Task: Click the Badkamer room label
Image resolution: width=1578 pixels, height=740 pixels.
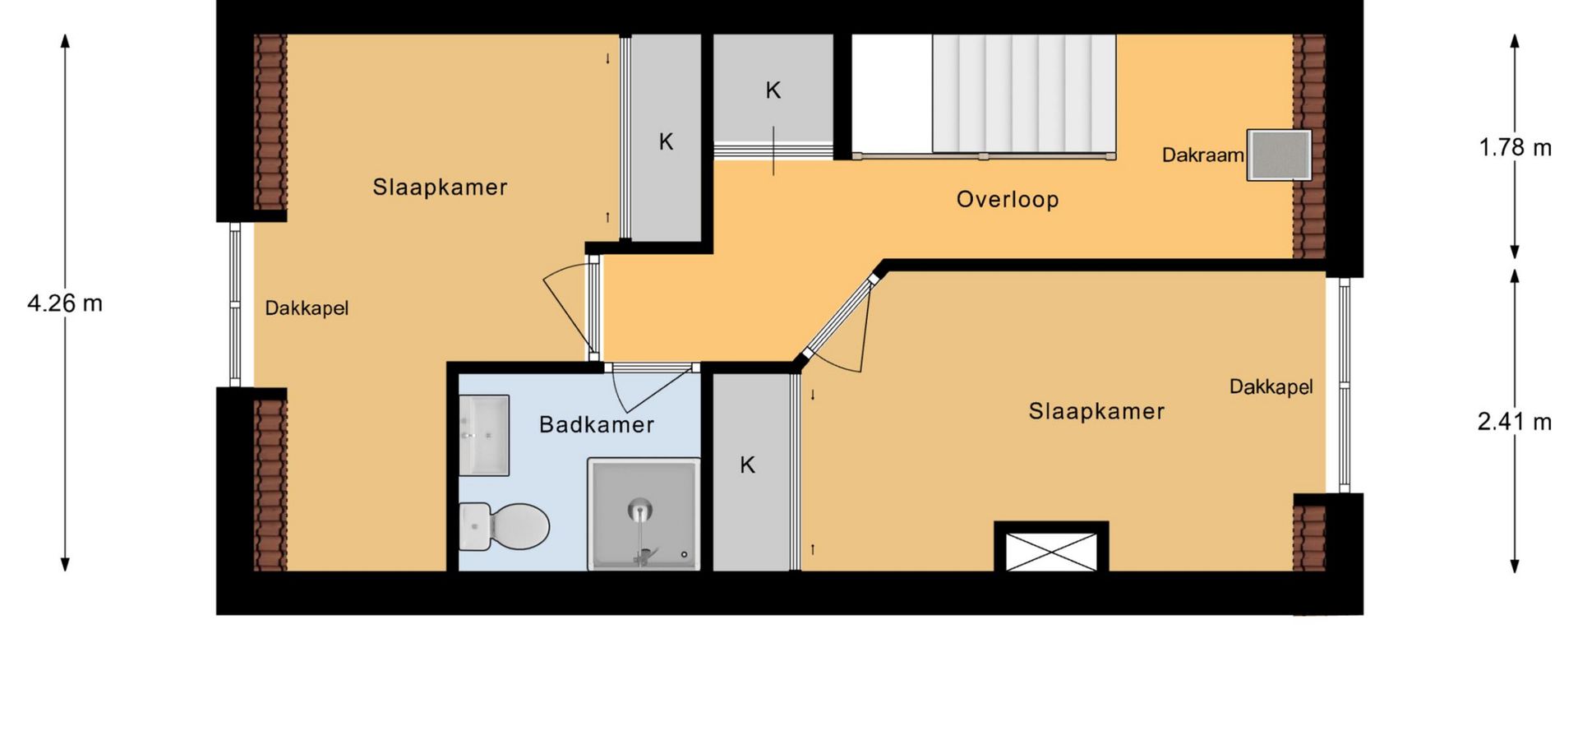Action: pos(597,425)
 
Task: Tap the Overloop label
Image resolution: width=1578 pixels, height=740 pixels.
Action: pos(1008,200)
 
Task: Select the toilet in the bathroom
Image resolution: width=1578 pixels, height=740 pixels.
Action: pos(504,526)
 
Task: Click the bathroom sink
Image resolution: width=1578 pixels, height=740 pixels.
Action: pos(484,436)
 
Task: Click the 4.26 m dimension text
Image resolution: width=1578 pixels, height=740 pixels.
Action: pos(65,303)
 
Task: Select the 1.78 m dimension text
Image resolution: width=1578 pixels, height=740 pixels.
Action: pos(1516,148)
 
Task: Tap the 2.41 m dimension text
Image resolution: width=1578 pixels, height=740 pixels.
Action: pos(1515,422)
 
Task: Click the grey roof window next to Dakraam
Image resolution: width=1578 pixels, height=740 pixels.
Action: pos(1279,155)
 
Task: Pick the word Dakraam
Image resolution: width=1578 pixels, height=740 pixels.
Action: pos(1202,155)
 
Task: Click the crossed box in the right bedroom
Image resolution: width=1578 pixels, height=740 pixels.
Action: pos(1051,549)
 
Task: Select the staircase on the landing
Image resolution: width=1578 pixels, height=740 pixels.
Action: pos(1023,94)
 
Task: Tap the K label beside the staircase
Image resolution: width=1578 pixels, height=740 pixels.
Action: pos(773,90)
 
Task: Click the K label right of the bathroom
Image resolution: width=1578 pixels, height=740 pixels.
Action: pos(747,465)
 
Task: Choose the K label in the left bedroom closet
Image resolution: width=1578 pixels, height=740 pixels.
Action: pos(666,142)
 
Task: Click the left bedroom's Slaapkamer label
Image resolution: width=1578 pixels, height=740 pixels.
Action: pos(440,187)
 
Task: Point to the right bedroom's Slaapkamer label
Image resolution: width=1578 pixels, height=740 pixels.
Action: pos(1096,411)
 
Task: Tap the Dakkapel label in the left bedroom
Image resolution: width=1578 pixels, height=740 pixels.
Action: pos(307,308)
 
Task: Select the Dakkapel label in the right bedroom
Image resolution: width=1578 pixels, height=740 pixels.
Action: pos(1271,386)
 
